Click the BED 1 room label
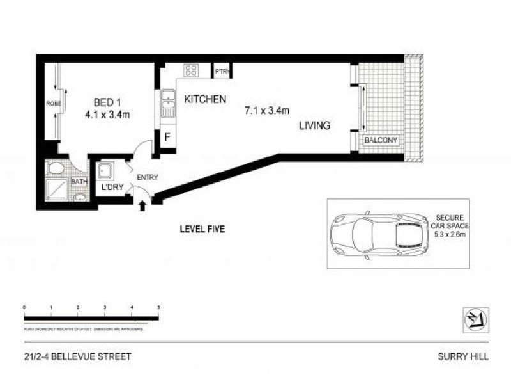coord(107,102)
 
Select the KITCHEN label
coord(205,100)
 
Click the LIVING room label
coord(314,126)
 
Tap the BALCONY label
coord(381,140)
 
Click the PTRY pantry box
coord(222,71)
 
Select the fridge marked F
coord(167,138)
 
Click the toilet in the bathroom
coord(56,169)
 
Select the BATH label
coord(79,182)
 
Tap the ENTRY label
coord(148,177)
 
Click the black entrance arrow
coord(142,204)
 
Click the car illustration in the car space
coord(378,233)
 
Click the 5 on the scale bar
coord(158,308)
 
